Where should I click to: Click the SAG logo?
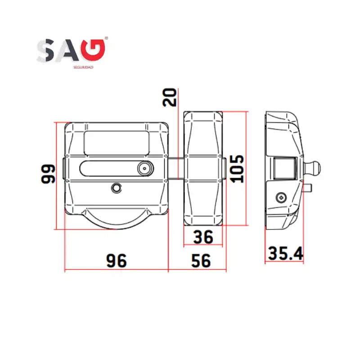coord(72,50)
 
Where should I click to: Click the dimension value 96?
coord(116,260)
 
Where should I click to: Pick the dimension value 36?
coord(203,237)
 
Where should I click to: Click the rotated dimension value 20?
coord(170,97)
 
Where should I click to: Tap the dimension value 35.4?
coord(285,254)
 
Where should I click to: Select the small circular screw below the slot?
coord(117,187)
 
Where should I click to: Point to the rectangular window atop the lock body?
coord(116,143)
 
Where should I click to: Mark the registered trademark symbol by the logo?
coord(106,39)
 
